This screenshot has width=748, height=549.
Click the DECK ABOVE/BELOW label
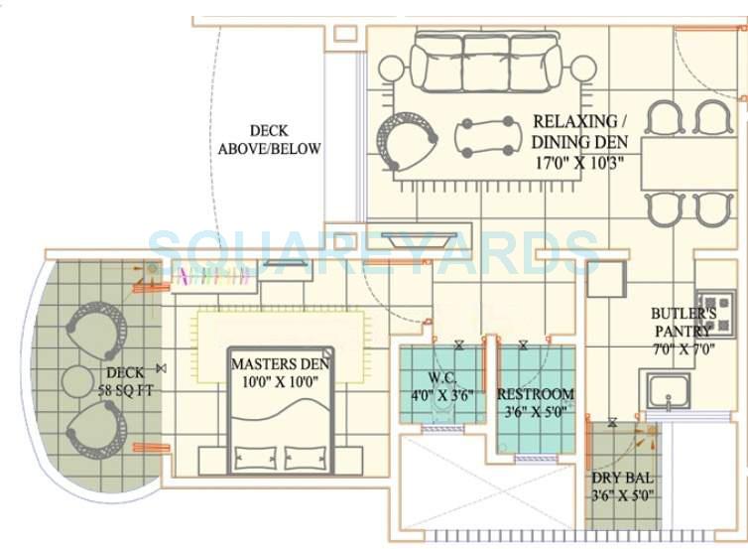[x=270, y=140]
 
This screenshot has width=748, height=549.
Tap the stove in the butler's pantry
[x=715, y=312]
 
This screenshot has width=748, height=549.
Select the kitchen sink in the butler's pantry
[x=671, y=389]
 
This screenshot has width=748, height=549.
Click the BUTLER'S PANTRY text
[x=679, y=321]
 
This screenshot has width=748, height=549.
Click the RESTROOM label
[x=537, y=392]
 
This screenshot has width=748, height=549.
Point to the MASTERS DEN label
[x=281, y=363]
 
